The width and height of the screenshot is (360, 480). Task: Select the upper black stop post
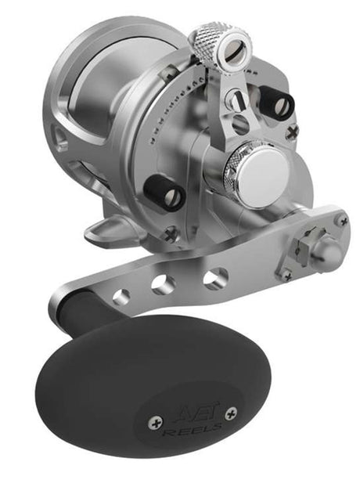(279, 103)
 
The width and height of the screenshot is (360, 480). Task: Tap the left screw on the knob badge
(153, 423)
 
